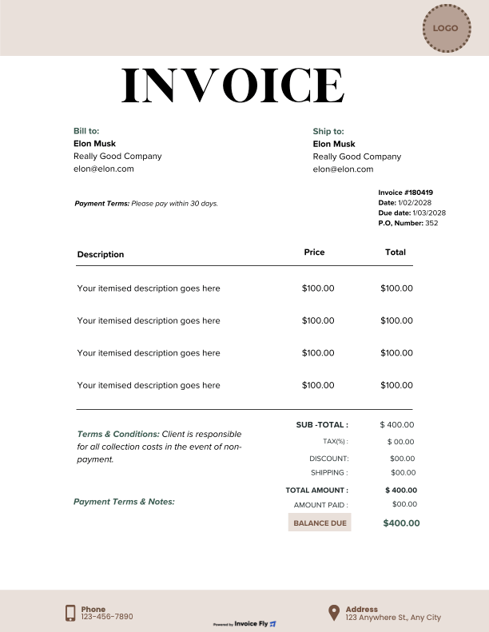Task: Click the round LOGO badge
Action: pyautogui.click(x=445, y=28)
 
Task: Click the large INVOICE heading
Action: pyautogui.click(x=233, y=85)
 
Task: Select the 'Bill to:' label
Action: pyautogui.click(x=86, y=131)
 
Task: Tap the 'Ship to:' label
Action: pyautogui.click(x=328, y=131)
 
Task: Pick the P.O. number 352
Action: pyautogui.click(x=431, y=224)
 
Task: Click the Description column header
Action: pyautogui.click(x=101, y=255)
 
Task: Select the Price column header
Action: pyautogui.click(x=315, y=252)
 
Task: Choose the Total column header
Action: pyautogui.click(x=396, y=252)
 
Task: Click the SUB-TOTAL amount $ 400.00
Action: pyautogui.click(x=398, y=425)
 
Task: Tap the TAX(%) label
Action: pyautogui.click(x=335, y=441)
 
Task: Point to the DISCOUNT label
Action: pyautogui.click(x=329, y=459)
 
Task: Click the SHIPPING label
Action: pyautogui.click(x=329, y=473)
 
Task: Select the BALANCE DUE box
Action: pyautogui.click(x=320, y=523)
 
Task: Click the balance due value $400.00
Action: pyautogui.click(x=401, y=523)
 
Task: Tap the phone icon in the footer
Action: pyautogui.click(x=70, y=613)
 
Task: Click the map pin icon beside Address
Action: pyautogui.click(x=334, y=613)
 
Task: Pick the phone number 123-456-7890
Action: pyautogui.click(x=107, y=617)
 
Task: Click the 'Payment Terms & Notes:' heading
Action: pyautogui.click(x=124, y=502)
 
